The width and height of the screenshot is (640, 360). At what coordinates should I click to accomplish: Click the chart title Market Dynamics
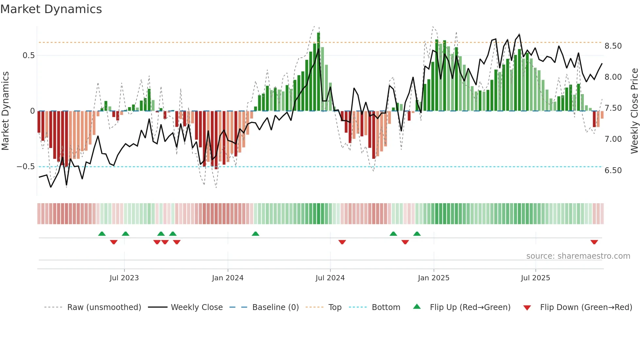pos(51,9)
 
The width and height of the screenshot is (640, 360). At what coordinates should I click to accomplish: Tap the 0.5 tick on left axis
pos(28,56)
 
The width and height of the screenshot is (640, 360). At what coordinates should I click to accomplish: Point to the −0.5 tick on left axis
pos(26,167)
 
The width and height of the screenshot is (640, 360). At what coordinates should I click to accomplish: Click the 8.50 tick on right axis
pos(613,46)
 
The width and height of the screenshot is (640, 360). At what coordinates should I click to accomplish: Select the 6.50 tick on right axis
pos(613,171)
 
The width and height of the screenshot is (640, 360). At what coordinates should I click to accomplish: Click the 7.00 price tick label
pos(613,139)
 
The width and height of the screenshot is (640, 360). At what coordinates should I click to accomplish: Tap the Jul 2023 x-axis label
pos(124,278)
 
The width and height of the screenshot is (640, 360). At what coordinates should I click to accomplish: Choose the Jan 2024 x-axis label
pos(228,278)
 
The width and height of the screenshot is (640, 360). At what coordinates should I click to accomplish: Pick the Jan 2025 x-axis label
pos(434,278)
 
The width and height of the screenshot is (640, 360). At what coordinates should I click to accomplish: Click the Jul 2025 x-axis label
pos(536,278)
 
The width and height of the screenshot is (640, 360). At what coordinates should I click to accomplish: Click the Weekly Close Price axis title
pos(634,111)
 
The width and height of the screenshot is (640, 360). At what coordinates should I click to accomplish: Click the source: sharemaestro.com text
pos(578,256)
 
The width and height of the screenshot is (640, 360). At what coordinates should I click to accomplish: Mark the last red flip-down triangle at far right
pos(594,242)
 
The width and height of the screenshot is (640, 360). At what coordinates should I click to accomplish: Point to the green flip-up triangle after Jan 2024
pos(255,234)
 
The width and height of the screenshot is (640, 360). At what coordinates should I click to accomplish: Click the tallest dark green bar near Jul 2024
pos(318,72)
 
